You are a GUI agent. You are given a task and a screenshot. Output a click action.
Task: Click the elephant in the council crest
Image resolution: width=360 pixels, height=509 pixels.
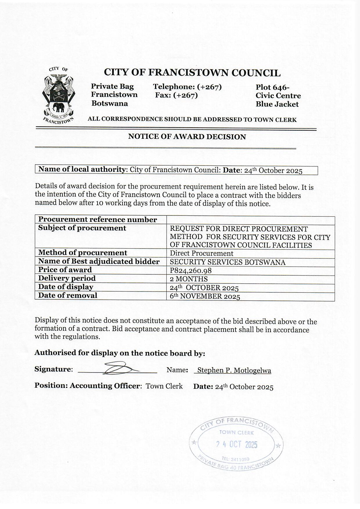(x=60, y=107)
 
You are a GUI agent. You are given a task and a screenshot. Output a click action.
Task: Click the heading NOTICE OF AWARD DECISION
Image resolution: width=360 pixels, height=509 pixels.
(x=187, y=137)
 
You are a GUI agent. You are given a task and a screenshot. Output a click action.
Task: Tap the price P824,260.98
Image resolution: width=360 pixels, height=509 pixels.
(x=190, y=271)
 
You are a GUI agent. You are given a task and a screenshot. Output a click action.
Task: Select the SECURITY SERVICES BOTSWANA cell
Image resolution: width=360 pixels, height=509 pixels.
(x=227, y=262)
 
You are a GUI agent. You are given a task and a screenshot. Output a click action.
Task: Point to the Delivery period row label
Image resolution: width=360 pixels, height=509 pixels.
(x=67, y=278)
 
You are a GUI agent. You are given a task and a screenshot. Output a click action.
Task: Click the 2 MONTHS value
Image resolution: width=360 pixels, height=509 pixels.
(x=189, y=279)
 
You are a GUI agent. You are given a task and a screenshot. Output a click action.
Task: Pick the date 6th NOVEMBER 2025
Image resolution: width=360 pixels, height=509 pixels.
(x=205, y=296)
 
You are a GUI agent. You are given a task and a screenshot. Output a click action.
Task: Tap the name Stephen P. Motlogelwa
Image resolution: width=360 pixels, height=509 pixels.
(x=234, y=370)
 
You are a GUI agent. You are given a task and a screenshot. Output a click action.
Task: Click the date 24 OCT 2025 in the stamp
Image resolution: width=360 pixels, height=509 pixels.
(x=237, y=445)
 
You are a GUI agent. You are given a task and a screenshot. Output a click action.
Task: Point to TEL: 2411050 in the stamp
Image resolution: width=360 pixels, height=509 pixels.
(x=235, y=459)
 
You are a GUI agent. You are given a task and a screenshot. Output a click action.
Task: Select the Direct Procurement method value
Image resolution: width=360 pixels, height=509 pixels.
(x=201, y=253)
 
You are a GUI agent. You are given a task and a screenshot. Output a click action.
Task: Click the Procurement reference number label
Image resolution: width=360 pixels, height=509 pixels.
(x=97, y=220)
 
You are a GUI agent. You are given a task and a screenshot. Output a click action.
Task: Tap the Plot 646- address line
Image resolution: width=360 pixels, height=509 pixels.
(x=272, y=87)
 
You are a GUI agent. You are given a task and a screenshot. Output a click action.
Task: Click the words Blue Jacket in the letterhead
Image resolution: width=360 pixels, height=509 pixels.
(x=277, y=104)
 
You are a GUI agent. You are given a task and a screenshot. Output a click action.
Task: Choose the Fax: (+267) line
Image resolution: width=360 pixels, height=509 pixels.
(x=177, y=95)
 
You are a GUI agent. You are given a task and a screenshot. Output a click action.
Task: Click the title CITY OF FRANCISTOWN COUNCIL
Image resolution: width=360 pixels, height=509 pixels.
(x=192, y=73)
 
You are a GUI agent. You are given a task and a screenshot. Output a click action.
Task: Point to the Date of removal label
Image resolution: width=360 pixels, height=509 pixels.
(x=68, y=296)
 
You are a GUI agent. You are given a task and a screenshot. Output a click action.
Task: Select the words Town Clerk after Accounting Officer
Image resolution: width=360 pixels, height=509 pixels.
(x=164, y=386)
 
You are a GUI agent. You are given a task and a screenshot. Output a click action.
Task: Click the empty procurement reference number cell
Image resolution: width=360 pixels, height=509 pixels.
(x=251, y=220)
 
